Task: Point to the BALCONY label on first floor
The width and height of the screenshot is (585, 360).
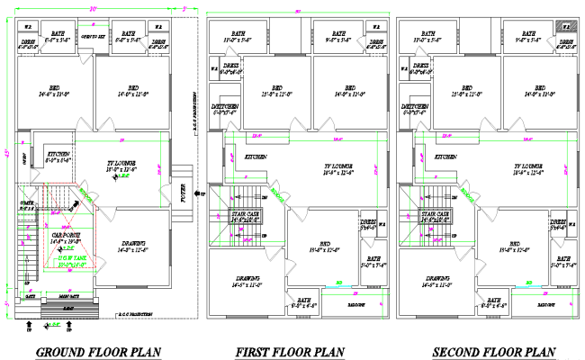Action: point(355,305)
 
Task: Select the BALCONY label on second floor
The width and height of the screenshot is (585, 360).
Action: point(545,305)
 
